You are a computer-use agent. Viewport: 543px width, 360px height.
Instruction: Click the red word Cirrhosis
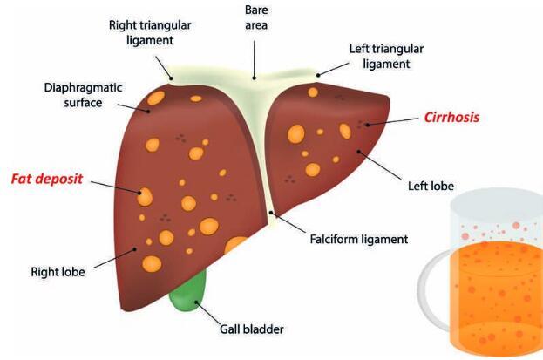[452, 118]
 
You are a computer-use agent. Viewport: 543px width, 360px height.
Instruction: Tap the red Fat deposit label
[47, 179]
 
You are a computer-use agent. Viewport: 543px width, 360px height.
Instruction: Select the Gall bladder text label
[252, 329]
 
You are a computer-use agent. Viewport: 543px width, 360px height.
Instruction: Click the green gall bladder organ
[187, 293]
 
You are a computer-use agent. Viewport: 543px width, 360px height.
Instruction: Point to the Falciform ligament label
[359, 239]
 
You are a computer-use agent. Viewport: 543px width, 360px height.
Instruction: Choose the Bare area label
[256, 17]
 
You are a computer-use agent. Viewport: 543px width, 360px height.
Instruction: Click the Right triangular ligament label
[150, 32]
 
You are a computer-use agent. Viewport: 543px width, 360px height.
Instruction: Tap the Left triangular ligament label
[386, 56]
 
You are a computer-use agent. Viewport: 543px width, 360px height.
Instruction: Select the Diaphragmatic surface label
[83, 95]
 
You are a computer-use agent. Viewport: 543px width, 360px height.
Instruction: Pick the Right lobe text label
[58, 272]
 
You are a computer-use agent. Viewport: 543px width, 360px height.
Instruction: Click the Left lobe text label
[431, 186]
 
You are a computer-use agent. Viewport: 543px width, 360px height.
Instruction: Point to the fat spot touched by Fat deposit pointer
[145, 197]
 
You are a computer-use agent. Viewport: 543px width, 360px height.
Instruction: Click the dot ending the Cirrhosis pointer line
[368, 125]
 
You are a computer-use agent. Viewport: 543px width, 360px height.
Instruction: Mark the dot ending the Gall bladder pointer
[196, 302]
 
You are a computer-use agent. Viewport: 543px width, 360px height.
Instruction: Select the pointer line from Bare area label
[255, 59]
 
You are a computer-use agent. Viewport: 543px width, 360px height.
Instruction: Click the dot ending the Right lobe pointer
[135, 248]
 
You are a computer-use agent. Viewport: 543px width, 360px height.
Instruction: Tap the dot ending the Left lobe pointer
[359, 152]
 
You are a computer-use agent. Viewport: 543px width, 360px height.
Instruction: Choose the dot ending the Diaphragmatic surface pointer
[148, 112]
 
